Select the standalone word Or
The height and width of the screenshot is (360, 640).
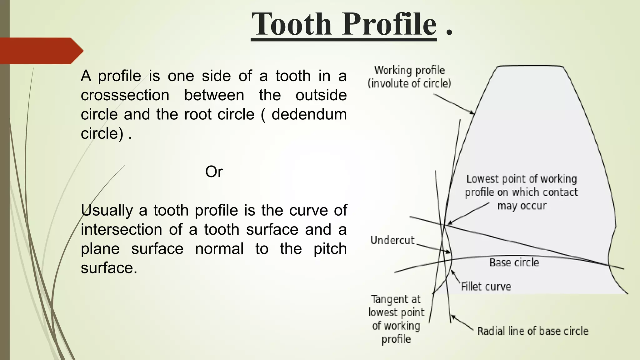tap(214, 172)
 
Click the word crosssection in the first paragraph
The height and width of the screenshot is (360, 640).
tap(125, 95)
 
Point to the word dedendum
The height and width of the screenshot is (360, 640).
tap(309, 114)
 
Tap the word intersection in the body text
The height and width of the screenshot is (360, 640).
tap(121, 230)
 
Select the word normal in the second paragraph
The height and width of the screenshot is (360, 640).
tap(219, 249)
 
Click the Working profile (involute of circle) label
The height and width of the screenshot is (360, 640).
tap(409, 77)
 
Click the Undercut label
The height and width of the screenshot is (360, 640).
tap(392, 240)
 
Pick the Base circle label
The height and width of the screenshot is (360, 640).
tap(514, 262)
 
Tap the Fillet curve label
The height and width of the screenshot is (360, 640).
tap(486, 287)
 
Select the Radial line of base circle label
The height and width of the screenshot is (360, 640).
tap(532, 331)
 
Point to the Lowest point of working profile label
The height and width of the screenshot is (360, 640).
tap(521, 192)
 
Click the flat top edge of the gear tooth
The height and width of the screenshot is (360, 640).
tap(530, 66)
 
